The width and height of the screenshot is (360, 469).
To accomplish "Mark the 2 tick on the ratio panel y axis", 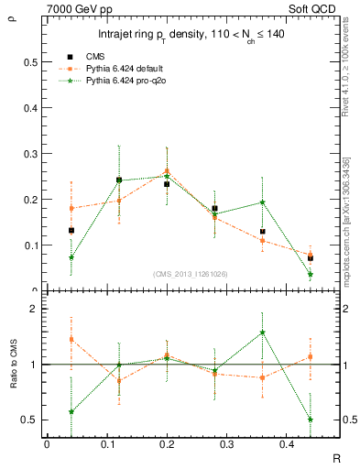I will pyautogui.click(x=32, y=309).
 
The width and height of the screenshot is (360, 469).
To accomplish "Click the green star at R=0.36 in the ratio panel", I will pyautogui.click(x=262, y=333).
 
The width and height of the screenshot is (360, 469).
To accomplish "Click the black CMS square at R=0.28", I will pyautogui.click(x=214, y=209).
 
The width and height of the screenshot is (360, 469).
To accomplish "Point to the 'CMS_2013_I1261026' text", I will pyautogui.click(x=191, y=274).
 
